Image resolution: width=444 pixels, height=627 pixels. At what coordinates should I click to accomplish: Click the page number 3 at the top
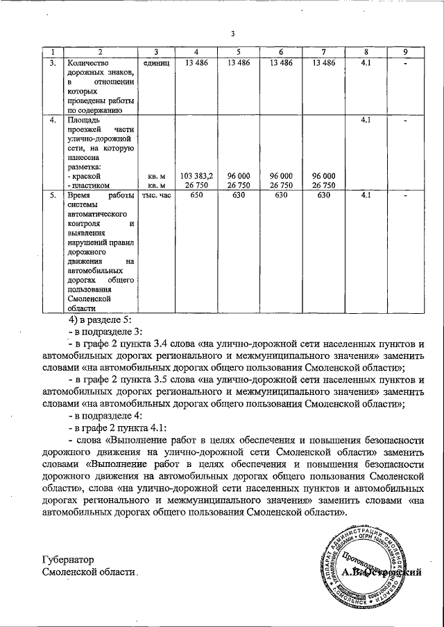[x=233, y=35]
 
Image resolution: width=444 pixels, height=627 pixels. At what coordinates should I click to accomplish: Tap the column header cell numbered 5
[x=238, y=53]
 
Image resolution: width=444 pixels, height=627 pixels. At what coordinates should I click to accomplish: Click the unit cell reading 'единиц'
[x=156, y=63]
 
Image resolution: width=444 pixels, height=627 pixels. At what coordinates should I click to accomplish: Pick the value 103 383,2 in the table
[x=196, y=176]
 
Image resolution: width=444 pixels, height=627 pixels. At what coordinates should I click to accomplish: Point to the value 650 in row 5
[x=196, y=196]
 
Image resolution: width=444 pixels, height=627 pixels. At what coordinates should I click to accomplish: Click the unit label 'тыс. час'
[x=156, y=196]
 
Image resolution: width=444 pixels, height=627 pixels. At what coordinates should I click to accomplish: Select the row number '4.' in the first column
[x=52, y=120]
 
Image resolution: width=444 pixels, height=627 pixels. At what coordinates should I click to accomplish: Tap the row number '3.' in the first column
[x=52, y=63]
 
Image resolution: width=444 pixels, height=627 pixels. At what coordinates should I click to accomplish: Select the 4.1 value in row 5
[x=367, y=196]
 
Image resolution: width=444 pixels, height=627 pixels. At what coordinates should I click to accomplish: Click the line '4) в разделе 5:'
[x=100, y=320]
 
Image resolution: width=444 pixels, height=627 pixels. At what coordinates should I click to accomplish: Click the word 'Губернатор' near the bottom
[x=67, y=560]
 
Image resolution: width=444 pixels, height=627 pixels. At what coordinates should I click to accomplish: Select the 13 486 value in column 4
[x=196, y=63]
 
